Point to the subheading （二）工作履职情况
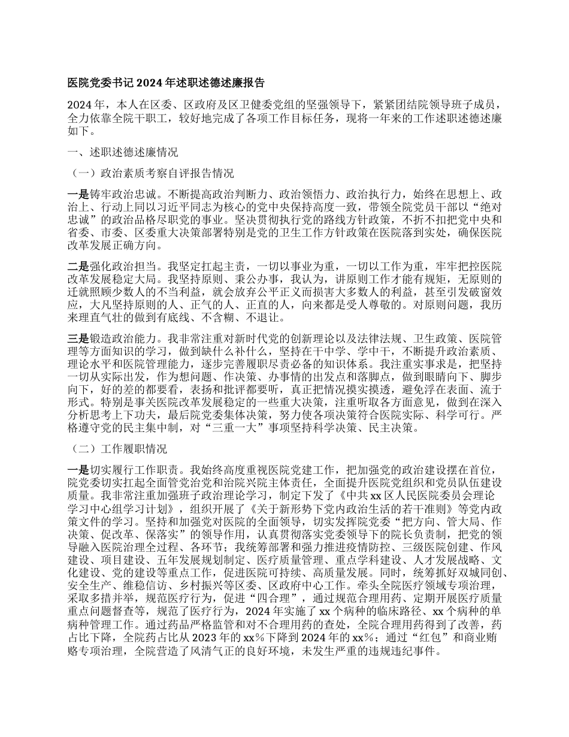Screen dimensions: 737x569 (x=119, y=449)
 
